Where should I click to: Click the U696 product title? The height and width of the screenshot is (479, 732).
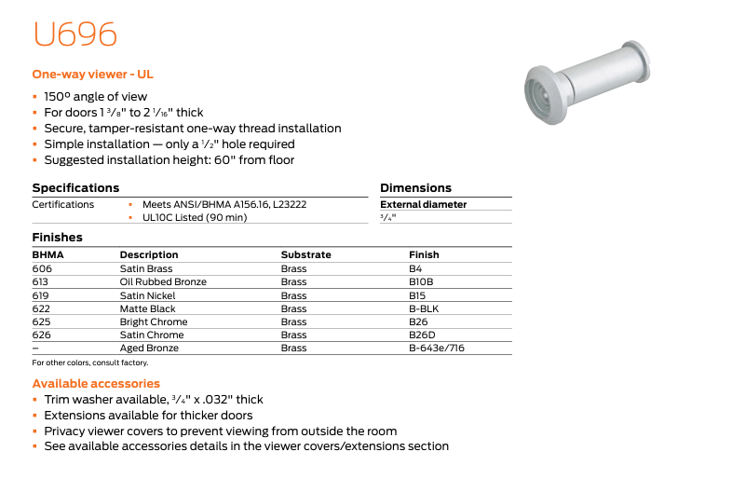(x=75, y=35)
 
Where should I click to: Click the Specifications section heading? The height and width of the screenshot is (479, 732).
(x=75, y=188)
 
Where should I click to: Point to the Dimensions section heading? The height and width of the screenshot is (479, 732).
(x=415, y=188)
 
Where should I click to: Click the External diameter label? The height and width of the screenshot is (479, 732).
(x=423, y=204)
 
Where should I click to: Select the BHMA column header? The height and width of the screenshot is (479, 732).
(x=47, y=254)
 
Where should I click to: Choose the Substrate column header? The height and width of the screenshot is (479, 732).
(x=305, y=254)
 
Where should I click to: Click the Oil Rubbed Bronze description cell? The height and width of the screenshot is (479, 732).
(x=163, y=281)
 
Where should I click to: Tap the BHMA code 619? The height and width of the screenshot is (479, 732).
(x=40, y=295)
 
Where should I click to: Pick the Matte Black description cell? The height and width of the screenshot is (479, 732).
(x=147, y=308)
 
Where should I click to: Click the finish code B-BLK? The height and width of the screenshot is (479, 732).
(x=423, y=308)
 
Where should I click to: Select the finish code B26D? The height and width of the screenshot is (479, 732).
(x=422, y=335)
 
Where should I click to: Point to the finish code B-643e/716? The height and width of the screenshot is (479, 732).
(x=436, y=349)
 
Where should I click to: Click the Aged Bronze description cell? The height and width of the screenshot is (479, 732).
(x=149, y=349)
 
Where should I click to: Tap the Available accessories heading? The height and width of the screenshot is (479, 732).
(x=96, y=383)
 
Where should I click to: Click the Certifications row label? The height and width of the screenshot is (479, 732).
(x=62, y=204)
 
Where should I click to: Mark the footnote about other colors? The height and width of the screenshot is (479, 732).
(x=90, y=363)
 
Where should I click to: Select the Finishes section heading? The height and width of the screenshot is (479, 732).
(x=57, y=238)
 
